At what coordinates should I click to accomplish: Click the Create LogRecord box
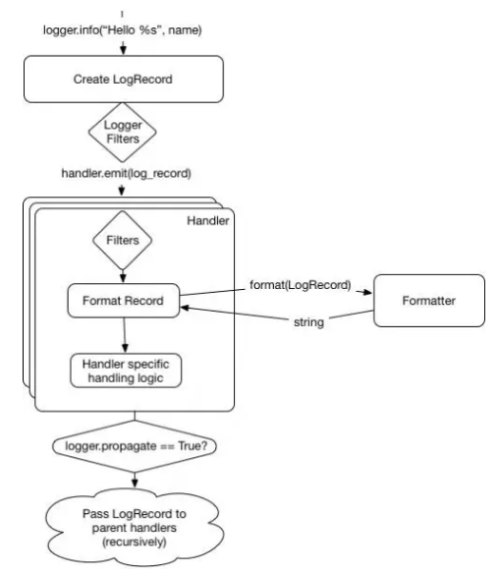point(124,79)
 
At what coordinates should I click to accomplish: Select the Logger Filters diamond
point(123,132)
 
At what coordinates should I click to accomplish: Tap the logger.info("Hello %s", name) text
point(123,29)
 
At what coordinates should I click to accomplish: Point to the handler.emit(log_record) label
point(126,173)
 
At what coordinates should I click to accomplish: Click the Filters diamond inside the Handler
point(123,240)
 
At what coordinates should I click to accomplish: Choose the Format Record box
point(124,301)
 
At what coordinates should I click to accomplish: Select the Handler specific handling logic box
point(126,371)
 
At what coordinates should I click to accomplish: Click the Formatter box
point(429,301)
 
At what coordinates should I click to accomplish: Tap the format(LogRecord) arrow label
point(301,285)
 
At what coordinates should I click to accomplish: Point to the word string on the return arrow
point(308,322)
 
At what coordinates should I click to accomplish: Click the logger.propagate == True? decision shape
point(135,446)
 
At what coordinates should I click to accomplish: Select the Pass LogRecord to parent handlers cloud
point(135,528)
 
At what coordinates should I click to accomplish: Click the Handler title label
point(208,221)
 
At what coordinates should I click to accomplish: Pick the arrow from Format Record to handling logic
point(125,335)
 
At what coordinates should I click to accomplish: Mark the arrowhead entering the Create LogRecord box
point(123,50)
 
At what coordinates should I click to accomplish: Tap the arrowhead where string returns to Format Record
point(186,308)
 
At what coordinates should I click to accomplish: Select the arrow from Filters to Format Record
point(123,276)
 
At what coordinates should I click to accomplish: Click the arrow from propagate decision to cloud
point(135,481)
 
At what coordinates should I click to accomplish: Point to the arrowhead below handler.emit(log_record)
point(122,191)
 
